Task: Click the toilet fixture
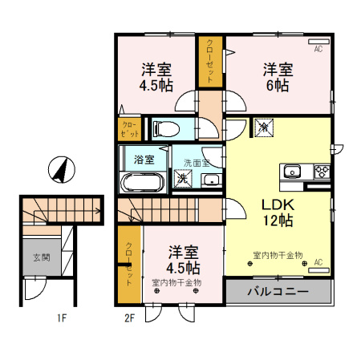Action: pos(165,128)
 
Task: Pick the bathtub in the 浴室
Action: pos(143,182)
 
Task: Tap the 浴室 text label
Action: pos(144,159)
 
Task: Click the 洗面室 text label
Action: pos(196,163)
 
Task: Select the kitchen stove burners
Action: pos(322,172)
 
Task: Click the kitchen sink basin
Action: pos(292,172)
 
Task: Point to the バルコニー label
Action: pos(278,291)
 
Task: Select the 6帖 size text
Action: pos(278,86)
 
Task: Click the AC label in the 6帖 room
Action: pos(318,50)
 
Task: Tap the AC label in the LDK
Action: pos(318,261)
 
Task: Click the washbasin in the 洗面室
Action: pos(211,180)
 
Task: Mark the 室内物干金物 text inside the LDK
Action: pos(277,255)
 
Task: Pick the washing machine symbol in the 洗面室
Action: pos(184,180)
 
